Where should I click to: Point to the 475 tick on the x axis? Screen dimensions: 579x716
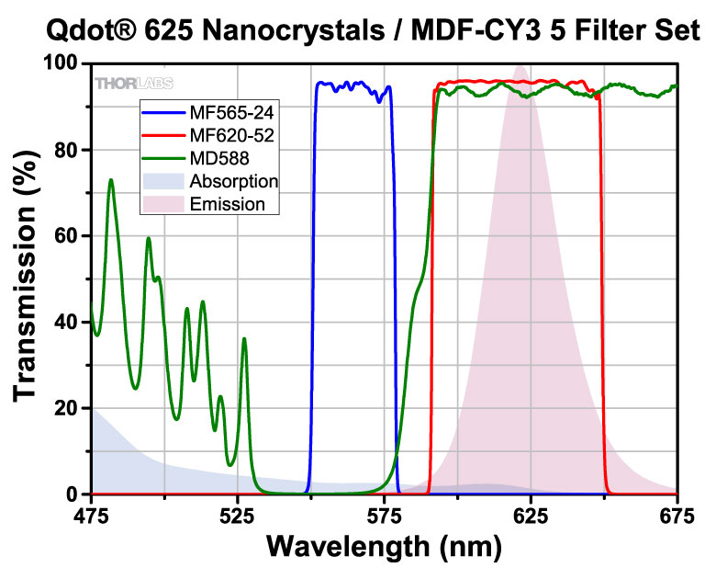pos(91,515)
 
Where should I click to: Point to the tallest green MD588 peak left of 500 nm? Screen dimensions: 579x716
pos(111,180)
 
